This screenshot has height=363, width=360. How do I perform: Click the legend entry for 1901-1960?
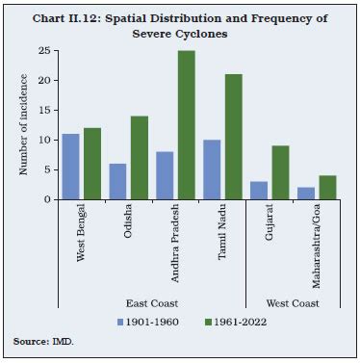point(149,320)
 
